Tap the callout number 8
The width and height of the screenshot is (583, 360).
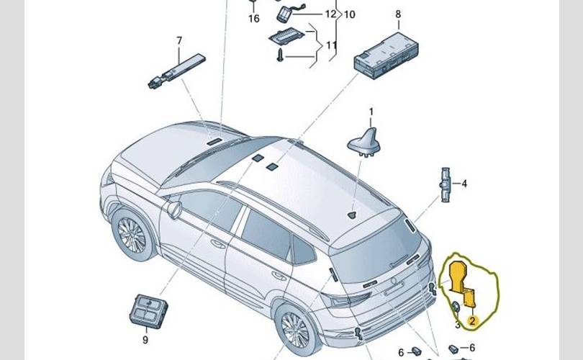click(397, 14)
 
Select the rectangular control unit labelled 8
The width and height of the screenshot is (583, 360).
click(389, 52)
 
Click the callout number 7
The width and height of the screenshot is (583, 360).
click(180, 40)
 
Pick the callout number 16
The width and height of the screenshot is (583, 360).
click(253, 19)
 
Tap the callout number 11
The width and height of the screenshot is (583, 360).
click(332, 45)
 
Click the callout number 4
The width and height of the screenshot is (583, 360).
click(464, 184)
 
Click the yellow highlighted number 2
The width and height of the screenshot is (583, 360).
click(472, 321)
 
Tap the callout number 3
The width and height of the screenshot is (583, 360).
click(457, 325)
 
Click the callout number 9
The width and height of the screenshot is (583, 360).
click(145, 339)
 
